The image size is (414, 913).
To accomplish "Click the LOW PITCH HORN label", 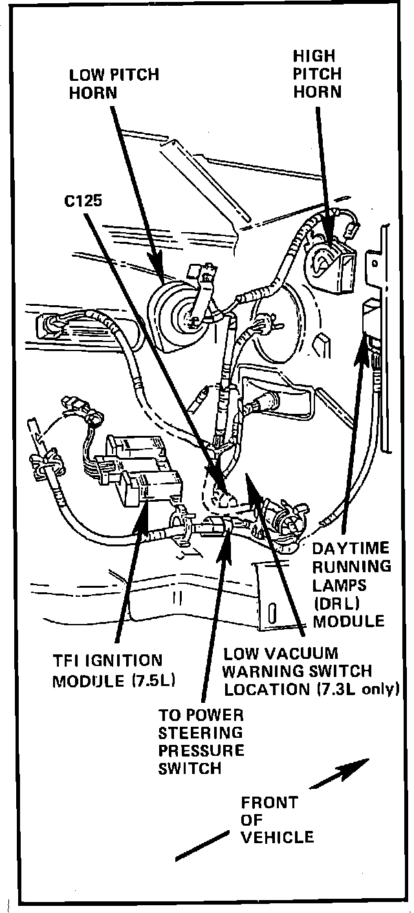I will pyautogui.click(x=114, y=83).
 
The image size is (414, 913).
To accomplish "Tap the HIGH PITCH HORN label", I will pyautogui.click(x=317, y=74).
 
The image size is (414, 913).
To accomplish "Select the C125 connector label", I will pyautogui.click(x=83, y=200).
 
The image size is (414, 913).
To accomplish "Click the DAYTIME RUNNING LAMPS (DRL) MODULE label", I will pyautogui.click(x=351, y=585).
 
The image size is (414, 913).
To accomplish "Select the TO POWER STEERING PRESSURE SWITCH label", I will pyautogui.click(x=201, y=742).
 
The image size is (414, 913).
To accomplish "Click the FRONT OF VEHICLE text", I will pyautogui.click(x=277, y=820).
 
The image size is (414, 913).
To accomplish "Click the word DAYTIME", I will pyautogui.click(x=351, y=548).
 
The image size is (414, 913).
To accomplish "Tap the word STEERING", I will pyautogui.click(x=201, y=733).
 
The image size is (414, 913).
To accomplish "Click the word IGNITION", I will pyautogui.click(x=124, y=661).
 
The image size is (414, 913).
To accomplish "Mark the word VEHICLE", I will pyautogui.click(x=277, y=837).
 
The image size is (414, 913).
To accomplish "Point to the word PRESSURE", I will pyautogui.click(x=201, y=751).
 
